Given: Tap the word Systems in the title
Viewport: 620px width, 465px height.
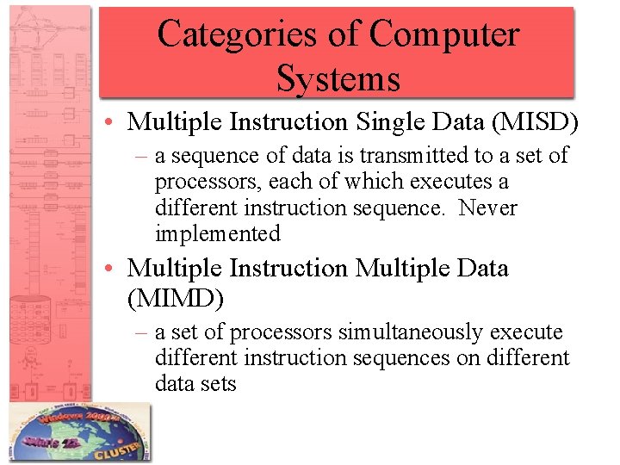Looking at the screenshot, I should pyautogui.click(x=338, y=78).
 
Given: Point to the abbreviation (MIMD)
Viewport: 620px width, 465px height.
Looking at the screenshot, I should pyautogui.click(x=176, y=299).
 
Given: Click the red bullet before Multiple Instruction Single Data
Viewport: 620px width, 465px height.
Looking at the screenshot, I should pyautogui.click(x=115, y=123).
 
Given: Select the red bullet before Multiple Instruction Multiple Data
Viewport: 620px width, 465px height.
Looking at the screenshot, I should pyautogui.click(x=115, y=270).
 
